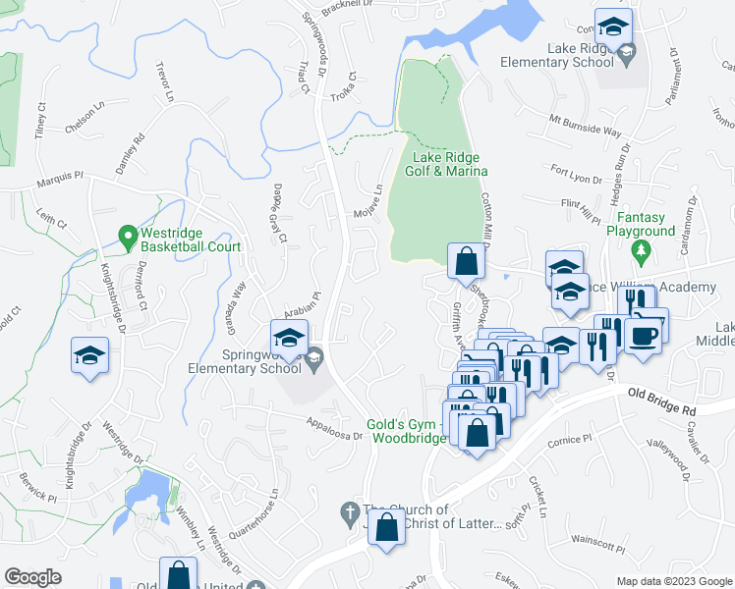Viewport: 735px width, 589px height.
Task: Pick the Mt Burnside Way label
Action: (x=586, y=128)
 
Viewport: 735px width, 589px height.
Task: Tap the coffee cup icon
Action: (x=645, y=337)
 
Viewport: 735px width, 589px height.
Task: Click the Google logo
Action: (x=33, y=577)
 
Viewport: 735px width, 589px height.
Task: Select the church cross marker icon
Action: (x=347, y=512)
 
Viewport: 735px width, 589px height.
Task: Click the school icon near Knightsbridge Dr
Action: (x=89, y=355)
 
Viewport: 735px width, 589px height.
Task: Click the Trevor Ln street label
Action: (x=164, y=82)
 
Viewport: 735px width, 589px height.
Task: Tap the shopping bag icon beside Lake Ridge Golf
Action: (x=466, y=262)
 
